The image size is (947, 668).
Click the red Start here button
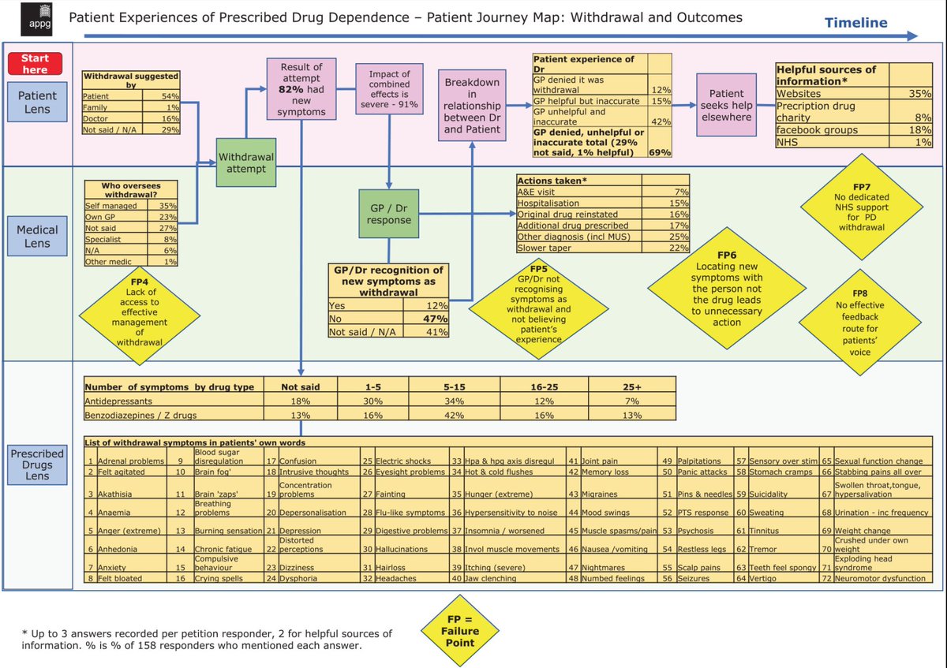point(35,64)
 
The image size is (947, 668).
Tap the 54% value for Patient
point(170,95)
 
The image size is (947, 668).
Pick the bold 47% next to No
point(435,319)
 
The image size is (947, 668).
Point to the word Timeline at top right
point(856,22)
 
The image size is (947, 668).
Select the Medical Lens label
point(37,237)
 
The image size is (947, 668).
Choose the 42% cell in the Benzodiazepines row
point(454,414)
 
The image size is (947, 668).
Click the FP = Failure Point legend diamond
point(459,631)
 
